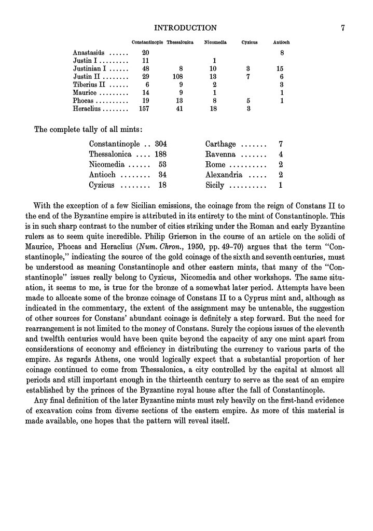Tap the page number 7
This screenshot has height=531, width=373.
tap(343, 27)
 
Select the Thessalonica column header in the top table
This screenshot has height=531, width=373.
tap(179, 41)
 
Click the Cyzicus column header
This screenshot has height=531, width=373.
tap(250, 41)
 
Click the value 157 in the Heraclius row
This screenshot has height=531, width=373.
tap(145, 109)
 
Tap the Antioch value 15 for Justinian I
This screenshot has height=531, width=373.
tap(281, 68)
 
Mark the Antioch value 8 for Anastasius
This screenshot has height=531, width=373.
tap(282, 52)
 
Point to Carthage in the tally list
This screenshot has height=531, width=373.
tap(220, 144)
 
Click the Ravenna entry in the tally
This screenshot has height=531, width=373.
tap(220, 155)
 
